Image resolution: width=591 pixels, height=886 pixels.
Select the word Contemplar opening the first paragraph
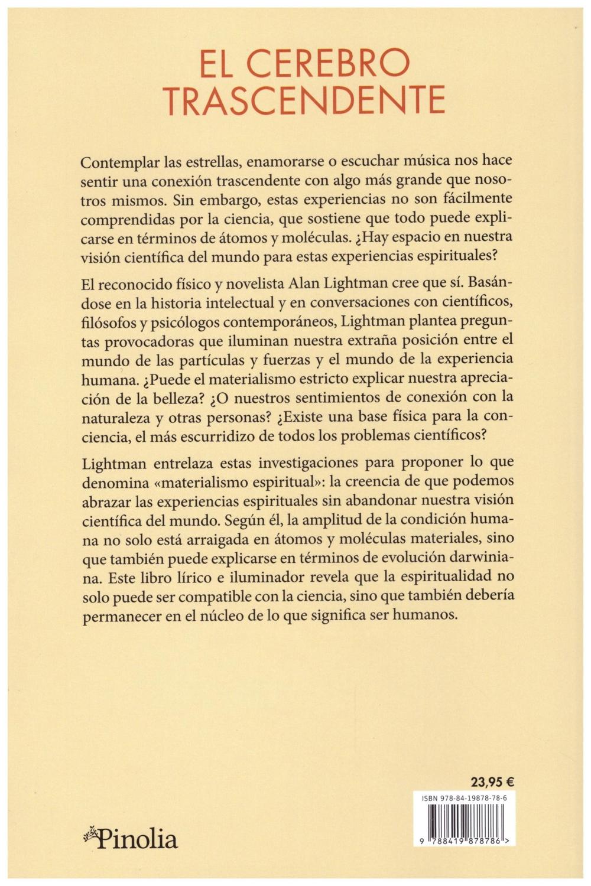120,162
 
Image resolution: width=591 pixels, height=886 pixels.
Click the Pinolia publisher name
137,839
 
